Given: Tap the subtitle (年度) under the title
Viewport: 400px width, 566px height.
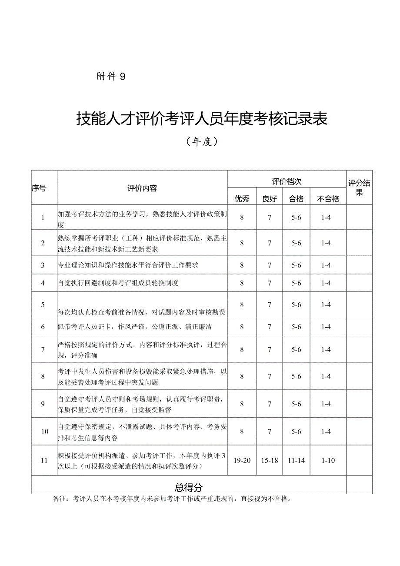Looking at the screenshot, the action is coord(201,141).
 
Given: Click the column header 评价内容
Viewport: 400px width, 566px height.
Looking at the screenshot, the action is coord(142,188).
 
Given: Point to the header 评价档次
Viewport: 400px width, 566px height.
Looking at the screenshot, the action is coord(287,181).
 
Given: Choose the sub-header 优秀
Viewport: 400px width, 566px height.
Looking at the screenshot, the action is coord(242,199).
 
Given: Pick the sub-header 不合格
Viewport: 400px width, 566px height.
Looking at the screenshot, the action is coord(328,199).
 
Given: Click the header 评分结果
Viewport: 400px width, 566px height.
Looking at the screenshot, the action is coord(359,188).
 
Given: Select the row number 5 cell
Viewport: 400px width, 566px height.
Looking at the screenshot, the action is coord(43,305).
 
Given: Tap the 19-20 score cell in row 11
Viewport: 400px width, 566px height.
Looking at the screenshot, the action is coord(242,460).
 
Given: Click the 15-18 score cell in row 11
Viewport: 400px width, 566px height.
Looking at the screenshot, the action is coord(270,460).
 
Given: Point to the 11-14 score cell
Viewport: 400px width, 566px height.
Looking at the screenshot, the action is coord(297,460).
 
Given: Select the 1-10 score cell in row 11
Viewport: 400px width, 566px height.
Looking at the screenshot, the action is coord(328,460).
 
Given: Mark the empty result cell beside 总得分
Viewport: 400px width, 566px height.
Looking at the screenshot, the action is coord(359,485).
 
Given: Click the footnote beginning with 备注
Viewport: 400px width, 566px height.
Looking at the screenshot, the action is coord(171,499).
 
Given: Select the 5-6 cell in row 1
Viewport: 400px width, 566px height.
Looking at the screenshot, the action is coord(297,217).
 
